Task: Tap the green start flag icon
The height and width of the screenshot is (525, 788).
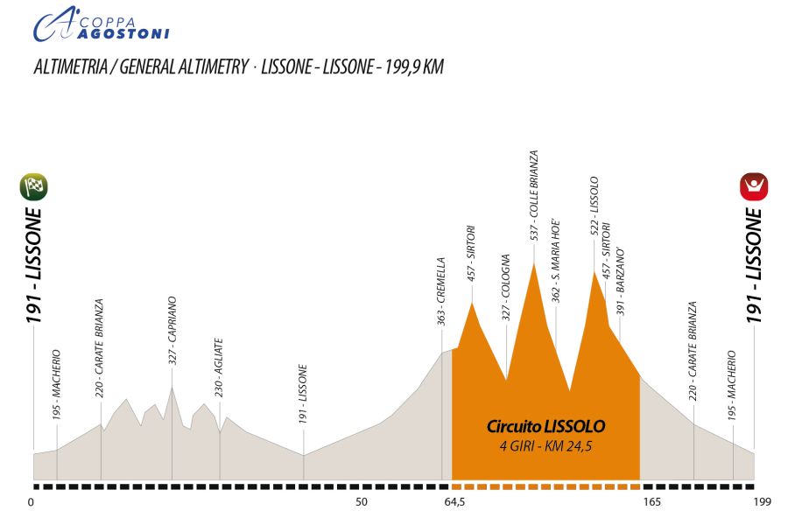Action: click(x=34, y=186)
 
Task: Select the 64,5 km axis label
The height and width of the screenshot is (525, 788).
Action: click(x=454, y=502)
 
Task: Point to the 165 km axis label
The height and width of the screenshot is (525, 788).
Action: click(x=651, y=502)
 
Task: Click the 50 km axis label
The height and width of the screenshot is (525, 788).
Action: click(x=361, y=502)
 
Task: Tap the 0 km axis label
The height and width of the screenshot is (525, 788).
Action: click(x=32, y=502)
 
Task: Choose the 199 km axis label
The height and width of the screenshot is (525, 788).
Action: click(x=761, y=502)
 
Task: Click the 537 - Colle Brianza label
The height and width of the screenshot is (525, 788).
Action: click(x=533, y=196)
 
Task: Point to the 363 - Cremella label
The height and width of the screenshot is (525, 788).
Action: click(x=441, y=291)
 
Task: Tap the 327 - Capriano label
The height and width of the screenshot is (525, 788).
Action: click(x=172, y=330)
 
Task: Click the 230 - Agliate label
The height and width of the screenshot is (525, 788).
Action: click(x=219, y=367)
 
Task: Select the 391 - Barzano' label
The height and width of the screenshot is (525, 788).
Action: click(x=620, y=282)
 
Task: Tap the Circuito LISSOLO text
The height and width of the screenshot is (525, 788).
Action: click(x=545, y=427)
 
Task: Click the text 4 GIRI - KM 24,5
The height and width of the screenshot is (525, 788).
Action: click(x=545, y=445)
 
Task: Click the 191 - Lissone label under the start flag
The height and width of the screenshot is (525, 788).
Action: click(x=34, y=266)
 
